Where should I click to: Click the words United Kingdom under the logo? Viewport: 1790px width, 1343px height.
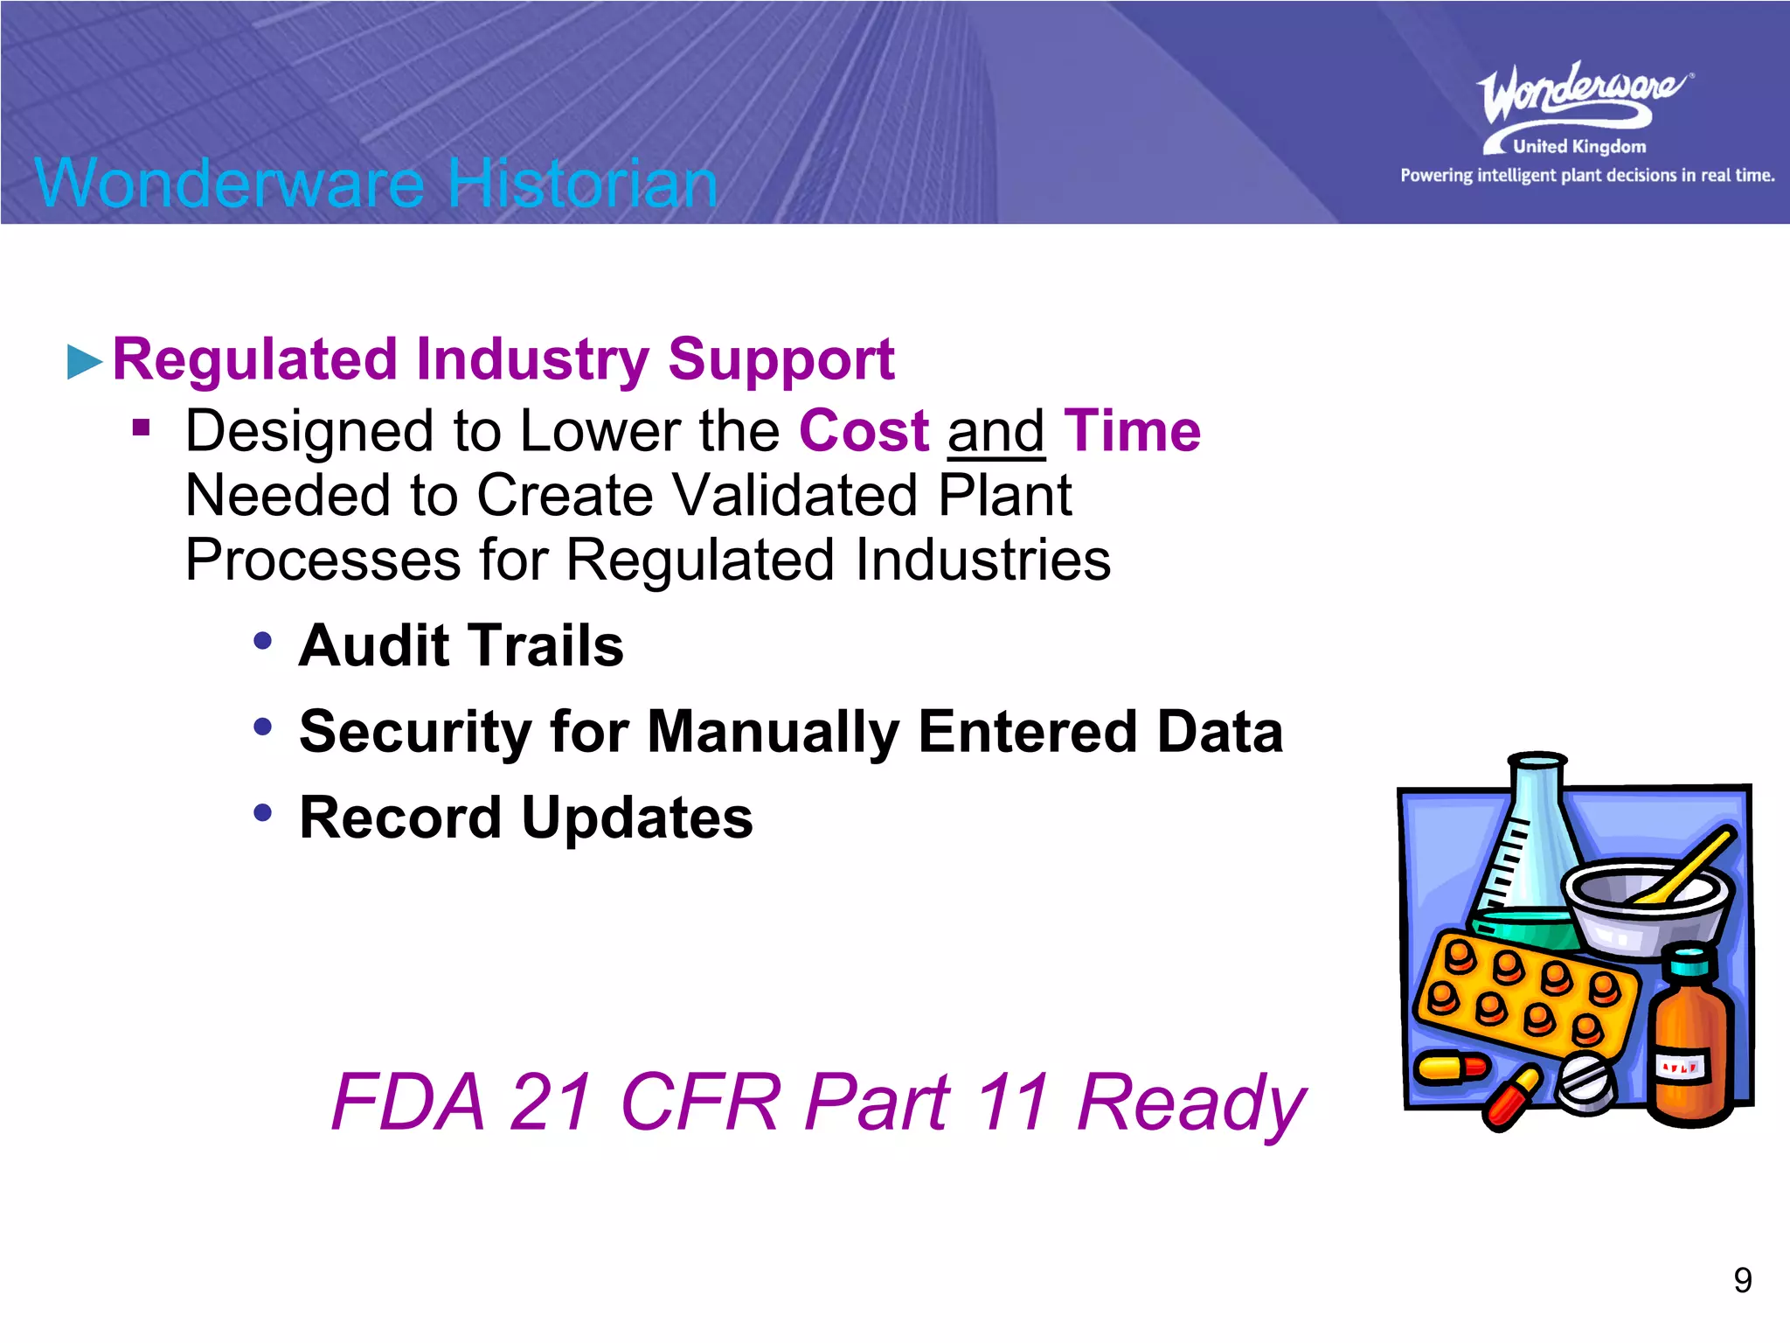[1578, 147]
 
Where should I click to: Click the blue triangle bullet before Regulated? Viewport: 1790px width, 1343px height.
[85, 362]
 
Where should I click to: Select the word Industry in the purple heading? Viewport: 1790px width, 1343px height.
[533, 359]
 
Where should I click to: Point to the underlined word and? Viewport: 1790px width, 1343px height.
[996, 433]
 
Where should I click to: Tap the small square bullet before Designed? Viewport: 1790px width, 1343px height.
[142, 428]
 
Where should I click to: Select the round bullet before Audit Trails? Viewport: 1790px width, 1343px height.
[262, 641]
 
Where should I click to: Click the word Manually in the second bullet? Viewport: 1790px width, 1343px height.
[773, 732]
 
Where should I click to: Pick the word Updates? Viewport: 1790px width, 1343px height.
[637, 818]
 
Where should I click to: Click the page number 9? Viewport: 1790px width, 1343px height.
[1742, 1280]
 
